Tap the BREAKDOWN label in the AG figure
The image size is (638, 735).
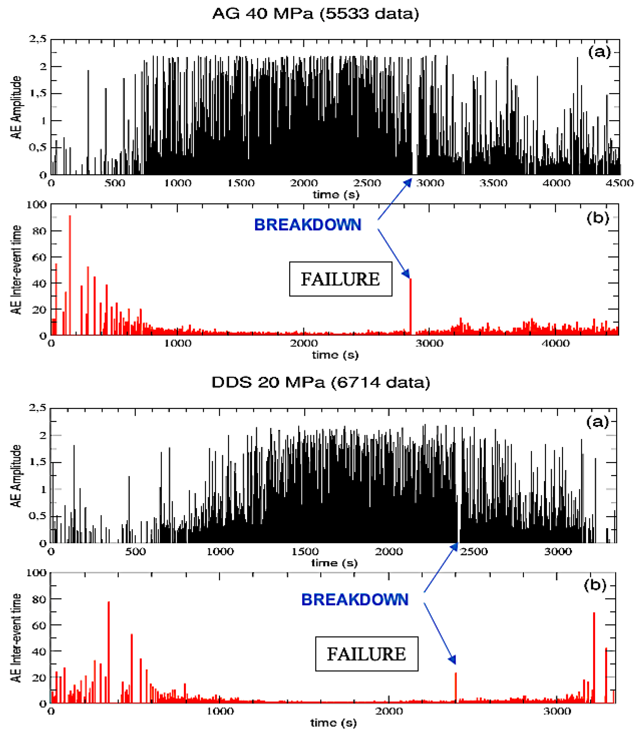coord(308,225)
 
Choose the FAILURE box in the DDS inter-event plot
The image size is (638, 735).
coord(366,654)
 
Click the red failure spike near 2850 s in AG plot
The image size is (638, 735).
coord(411,306)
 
